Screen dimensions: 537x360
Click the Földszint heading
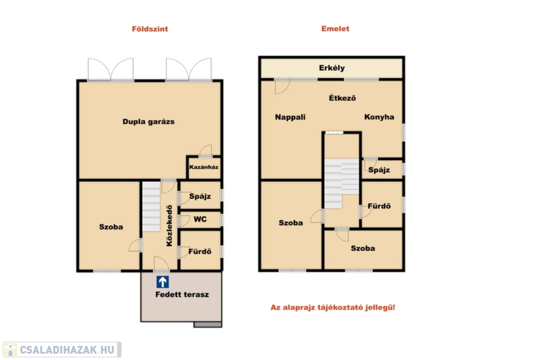click(150, 29)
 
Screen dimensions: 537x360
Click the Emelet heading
click(335, 29)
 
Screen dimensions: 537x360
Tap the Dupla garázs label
click(148, 122)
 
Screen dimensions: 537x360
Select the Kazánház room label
click(204, 167)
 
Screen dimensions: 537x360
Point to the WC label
click(200, 219)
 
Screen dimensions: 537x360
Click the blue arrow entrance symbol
click(163, 282)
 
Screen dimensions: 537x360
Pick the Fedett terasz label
click(182, 294)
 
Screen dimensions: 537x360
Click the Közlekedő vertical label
click(169, 225)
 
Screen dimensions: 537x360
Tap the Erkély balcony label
click(332, 68)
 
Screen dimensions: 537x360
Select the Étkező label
click(342, 98)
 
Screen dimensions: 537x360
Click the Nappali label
click(290, 117)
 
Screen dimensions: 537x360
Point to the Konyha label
click(379, 117)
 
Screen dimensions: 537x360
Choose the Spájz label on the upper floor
click(379, 170)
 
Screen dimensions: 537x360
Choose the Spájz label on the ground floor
click(200, 196)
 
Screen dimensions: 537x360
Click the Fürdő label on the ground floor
click(200, 252)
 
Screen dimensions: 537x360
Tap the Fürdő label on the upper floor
click(379, 206)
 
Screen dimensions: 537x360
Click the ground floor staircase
click(151, 206)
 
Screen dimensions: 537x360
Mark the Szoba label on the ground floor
click(111, 227)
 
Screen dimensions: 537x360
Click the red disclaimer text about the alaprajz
click(333, 307)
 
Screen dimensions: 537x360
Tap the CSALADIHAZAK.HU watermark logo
click(62, 350)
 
